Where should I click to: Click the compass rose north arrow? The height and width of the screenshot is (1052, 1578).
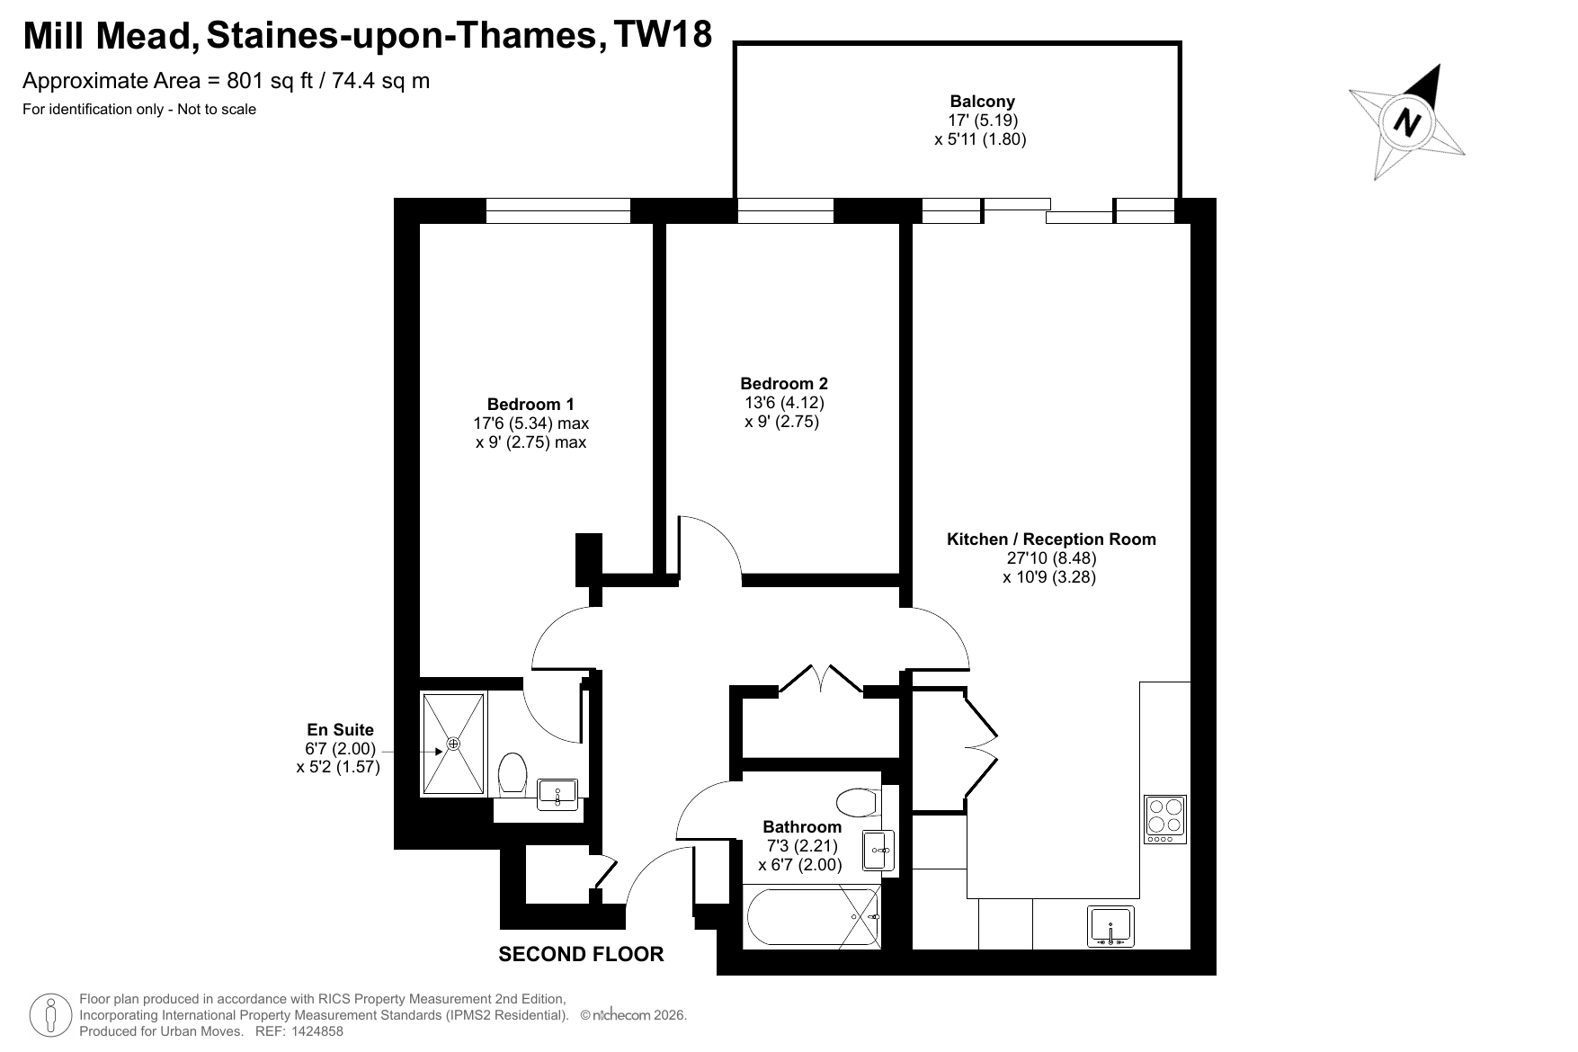point(1408,121)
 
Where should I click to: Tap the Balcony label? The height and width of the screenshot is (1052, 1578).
point(982,102)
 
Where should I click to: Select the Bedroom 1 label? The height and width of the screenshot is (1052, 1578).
point(530,405)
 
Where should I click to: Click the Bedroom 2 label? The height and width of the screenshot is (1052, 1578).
point(782,384)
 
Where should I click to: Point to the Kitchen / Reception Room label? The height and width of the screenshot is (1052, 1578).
point(1051,539)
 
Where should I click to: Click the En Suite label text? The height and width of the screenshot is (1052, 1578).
point(340,730)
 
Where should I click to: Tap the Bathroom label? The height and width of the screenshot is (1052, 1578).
point(802,826)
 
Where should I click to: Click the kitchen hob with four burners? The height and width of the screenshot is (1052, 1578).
point(1165,819)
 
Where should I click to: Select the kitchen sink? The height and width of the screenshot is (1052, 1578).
point(1112,926)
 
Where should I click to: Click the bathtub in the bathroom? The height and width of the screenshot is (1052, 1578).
point(813,916)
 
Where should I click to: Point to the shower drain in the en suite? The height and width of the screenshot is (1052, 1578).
point(453,744)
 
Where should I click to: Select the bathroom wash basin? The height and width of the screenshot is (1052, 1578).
point(878,850)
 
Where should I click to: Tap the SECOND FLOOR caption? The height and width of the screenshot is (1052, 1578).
point(581,954)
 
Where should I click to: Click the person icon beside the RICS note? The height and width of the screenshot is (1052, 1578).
point(52,1016)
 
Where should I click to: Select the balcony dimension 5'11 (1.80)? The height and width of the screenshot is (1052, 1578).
point(980,139)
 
